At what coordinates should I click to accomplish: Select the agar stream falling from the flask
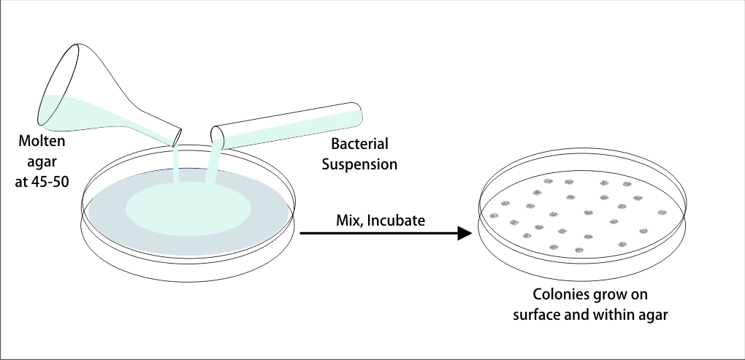[177, 164]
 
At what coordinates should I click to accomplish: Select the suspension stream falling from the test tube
[213, 164]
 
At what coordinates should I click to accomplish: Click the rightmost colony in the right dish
[662, 212]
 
